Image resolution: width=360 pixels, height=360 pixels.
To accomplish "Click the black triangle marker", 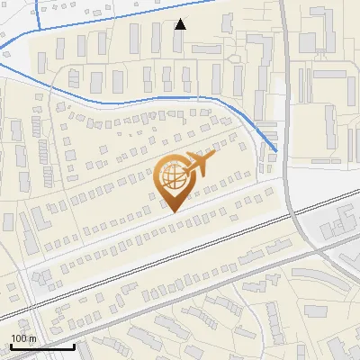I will click(x=180, y=24).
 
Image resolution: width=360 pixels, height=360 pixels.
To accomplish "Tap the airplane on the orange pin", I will click(x=199, y=164).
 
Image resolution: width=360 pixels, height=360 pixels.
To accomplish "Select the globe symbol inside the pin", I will click(x=173, y=177).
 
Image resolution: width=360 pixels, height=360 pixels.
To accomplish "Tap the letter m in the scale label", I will click(x=32, y=338).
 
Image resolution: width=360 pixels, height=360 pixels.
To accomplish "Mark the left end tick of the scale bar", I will click(x=10, y=345).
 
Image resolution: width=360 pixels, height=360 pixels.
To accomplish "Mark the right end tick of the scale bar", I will click(x=74, y=345).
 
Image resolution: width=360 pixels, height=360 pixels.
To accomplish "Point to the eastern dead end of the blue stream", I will click(x=275, y=150).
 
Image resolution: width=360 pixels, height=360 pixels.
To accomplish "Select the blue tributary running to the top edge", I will click(x=39, y=11).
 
